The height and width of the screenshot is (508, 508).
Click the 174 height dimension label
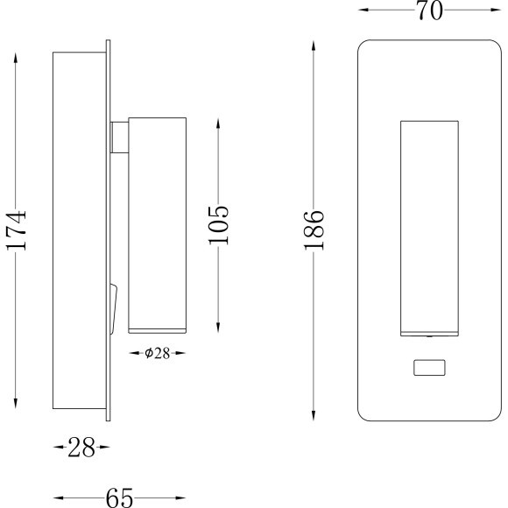(x=17, y=230)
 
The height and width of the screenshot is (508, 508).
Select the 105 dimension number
(x=219, y=224)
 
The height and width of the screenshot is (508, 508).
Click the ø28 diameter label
(x=157, y=353)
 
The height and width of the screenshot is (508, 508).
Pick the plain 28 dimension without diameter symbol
(x=81, y=448)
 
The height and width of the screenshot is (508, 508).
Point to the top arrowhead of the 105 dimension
(x=219, y=121)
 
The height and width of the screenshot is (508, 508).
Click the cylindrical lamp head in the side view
(x=158, y=223)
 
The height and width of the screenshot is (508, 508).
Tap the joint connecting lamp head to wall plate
(x=119, y=137)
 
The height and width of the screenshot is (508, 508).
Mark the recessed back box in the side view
(x=79, y=229)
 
